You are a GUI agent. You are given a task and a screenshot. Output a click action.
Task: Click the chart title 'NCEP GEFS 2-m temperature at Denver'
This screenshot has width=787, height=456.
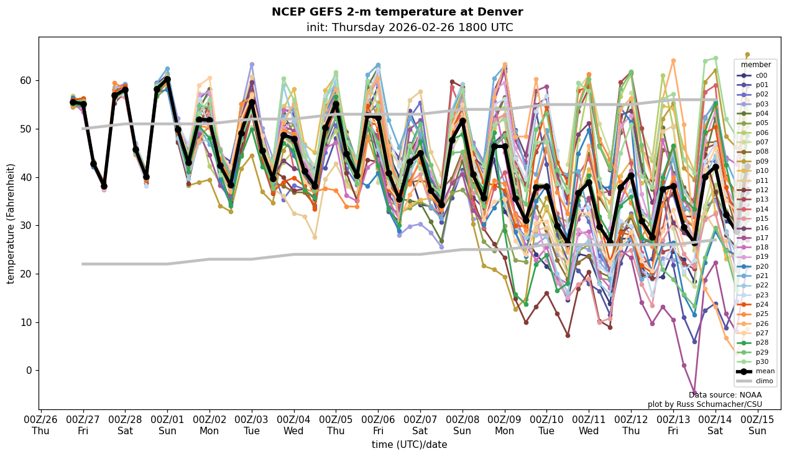pos(397,12)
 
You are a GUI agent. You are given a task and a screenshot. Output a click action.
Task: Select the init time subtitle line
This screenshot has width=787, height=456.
pos(410,27)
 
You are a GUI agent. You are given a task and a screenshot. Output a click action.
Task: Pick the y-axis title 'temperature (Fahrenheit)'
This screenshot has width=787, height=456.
pos(11,223)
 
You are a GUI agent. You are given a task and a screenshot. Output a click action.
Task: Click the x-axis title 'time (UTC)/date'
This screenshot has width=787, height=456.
pos(409,444)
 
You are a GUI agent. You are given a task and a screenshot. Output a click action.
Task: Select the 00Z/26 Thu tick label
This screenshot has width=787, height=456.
pos(40,426)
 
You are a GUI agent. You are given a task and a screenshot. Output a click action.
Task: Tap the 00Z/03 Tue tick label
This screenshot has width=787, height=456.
pos(251,426)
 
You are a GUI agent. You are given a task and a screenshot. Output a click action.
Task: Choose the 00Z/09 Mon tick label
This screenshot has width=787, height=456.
pos(504,426)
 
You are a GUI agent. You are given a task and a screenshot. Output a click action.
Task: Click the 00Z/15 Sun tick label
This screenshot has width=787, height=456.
pos(757,426)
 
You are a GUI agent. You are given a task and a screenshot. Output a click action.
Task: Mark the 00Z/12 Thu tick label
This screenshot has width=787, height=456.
pos(630,426)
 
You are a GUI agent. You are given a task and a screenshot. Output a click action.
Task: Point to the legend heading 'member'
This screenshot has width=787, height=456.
pos(755,65)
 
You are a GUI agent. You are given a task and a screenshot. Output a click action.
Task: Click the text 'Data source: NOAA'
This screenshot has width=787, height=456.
pos(725,395)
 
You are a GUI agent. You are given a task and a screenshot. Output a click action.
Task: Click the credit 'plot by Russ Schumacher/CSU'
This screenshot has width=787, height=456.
pos(704,404)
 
